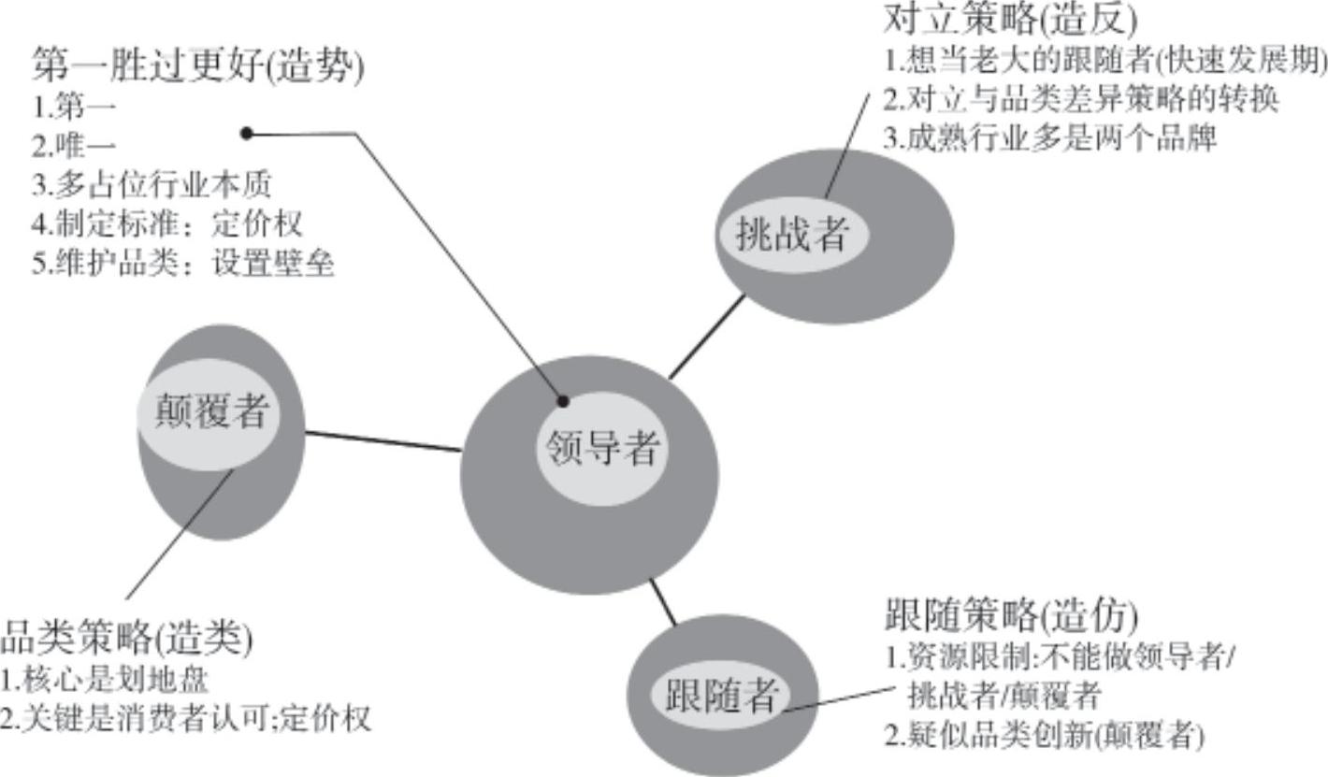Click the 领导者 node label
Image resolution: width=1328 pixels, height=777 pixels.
click(x=601, y=449)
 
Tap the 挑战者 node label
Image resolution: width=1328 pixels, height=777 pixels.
click(x=791, y=235)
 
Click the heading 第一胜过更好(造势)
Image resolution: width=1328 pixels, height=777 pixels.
click(x=197, y=66)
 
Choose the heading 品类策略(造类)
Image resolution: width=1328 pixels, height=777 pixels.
click(x=125, y=640)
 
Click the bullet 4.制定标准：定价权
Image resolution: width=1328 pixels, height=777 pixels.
click(x=168, y=224)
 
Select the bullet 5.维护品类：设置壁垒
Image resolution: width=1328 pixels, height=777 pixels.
click(x=183, y=264)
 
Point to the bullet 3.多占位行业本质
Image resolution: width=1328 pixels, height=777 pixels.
click(x=152, y=185)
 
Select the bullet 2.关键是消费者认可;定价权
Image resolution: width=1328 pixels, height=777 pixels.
click(x=185, y=719)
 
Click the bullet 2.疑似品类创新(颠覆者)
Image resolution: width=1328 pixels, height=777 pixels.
click(x=1044, y=736)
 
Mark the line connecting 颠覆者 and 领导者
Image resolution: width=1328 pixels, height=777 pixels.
click(x=383, y=441)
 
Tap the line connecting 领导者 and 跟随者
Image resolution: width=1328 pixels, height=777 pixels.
click(x=663, y=602)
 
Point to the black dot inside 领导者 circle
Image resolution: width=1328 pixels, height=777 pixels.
click(x=563, y=401)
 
